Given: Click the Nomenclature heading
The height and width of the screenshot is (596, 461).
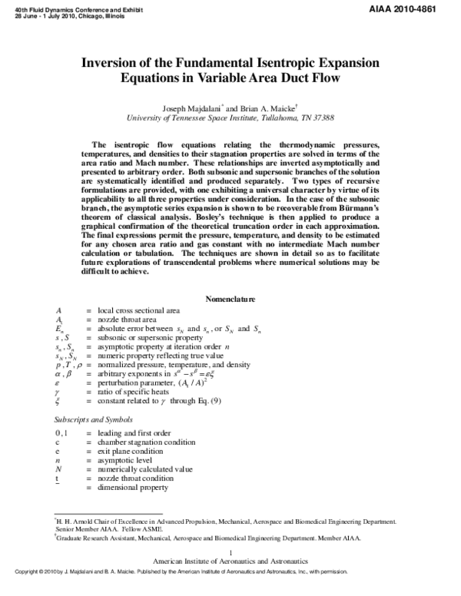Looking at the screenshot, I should click(230, 298).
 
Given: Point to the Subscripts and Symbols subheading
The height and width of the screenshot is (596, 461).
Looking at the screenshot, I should click(88, 420).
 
